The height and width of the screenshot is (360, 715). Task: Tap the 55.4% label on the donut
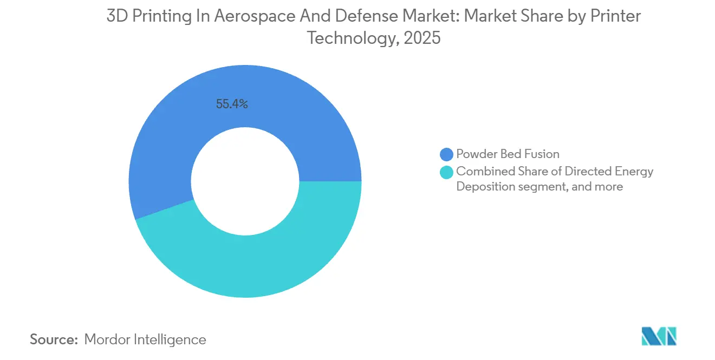(232, 104)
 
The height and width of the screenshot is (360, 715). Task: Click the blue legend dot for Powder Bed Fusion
(447, 154)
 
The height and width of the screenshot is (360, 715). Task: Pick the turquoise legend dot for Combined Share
(447, 172)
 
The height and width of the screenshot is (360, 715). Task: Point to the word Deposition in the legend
(484, 187)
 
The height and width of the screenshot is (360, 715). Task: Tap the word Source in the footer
(54, 339)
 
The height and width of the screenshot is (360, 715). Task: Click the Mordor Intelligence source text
(145, 339)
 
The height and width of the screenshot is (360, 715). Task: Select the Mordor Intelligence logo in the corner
(659, 336)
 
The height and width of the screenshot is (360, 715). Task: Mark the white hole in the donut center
(245, 181)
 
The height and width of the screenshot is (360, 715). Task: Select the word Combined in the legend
(481, 172)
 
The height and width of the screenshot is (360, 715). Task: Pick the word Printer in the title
(615, 16)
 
